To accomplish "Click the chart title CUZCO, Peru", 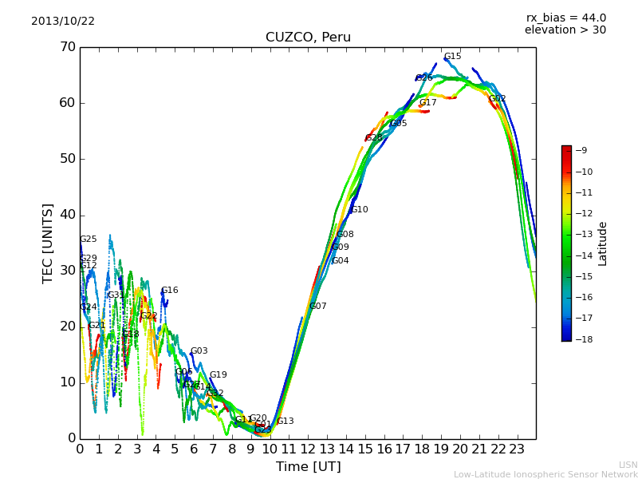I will pyautogui.click(x=308, y=38).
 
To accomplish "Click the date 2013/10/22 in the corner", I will pyautogui.click(x=63, y=22).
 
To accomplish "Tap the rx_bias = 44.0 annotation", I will pyautogui.click(x=565, y=18).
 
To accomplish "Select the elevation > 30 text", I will pyautogui.click(x=565, y=30).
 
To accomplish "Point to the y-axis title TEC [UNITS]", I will pyautogui.click(x=48, y=243).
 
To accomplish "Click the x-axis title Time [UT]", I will pyautogui.click(x=308, y=467).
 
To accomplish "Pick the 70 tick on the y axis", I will pyautogui.click(x=67, y=47).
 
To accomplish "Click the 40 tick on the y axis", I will pyautogui.click(x=67, y=215).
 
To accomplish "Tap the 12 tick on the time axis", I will pyautogui.click(x=308, y=449).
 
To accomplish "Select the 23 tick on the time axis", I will pyautogui.click(x=517, y=449).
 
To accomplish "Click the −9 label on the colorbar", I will pyautogui.click(x=581, y=150).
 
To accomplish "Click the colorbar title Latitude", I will pyautogui.click(x=603, y=243).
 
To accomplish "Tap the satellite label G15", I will pyautogui.click(x=453, y=57).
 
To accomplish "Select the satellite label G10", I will pyautogui.click(x=360, y=210).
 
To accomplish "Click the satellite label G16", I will pyautogui.click(x=170, y=291).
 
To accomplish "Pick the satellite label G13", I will pyautogui.click(x=286, y=422).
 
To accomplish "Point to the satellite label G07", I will pyautogui.click(x=318, y=307).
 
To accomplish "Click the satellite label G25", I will pyautogui.click(x=89, y=239).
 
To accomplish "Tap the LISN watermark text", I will pyautogui.click(x=628, y=465).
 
